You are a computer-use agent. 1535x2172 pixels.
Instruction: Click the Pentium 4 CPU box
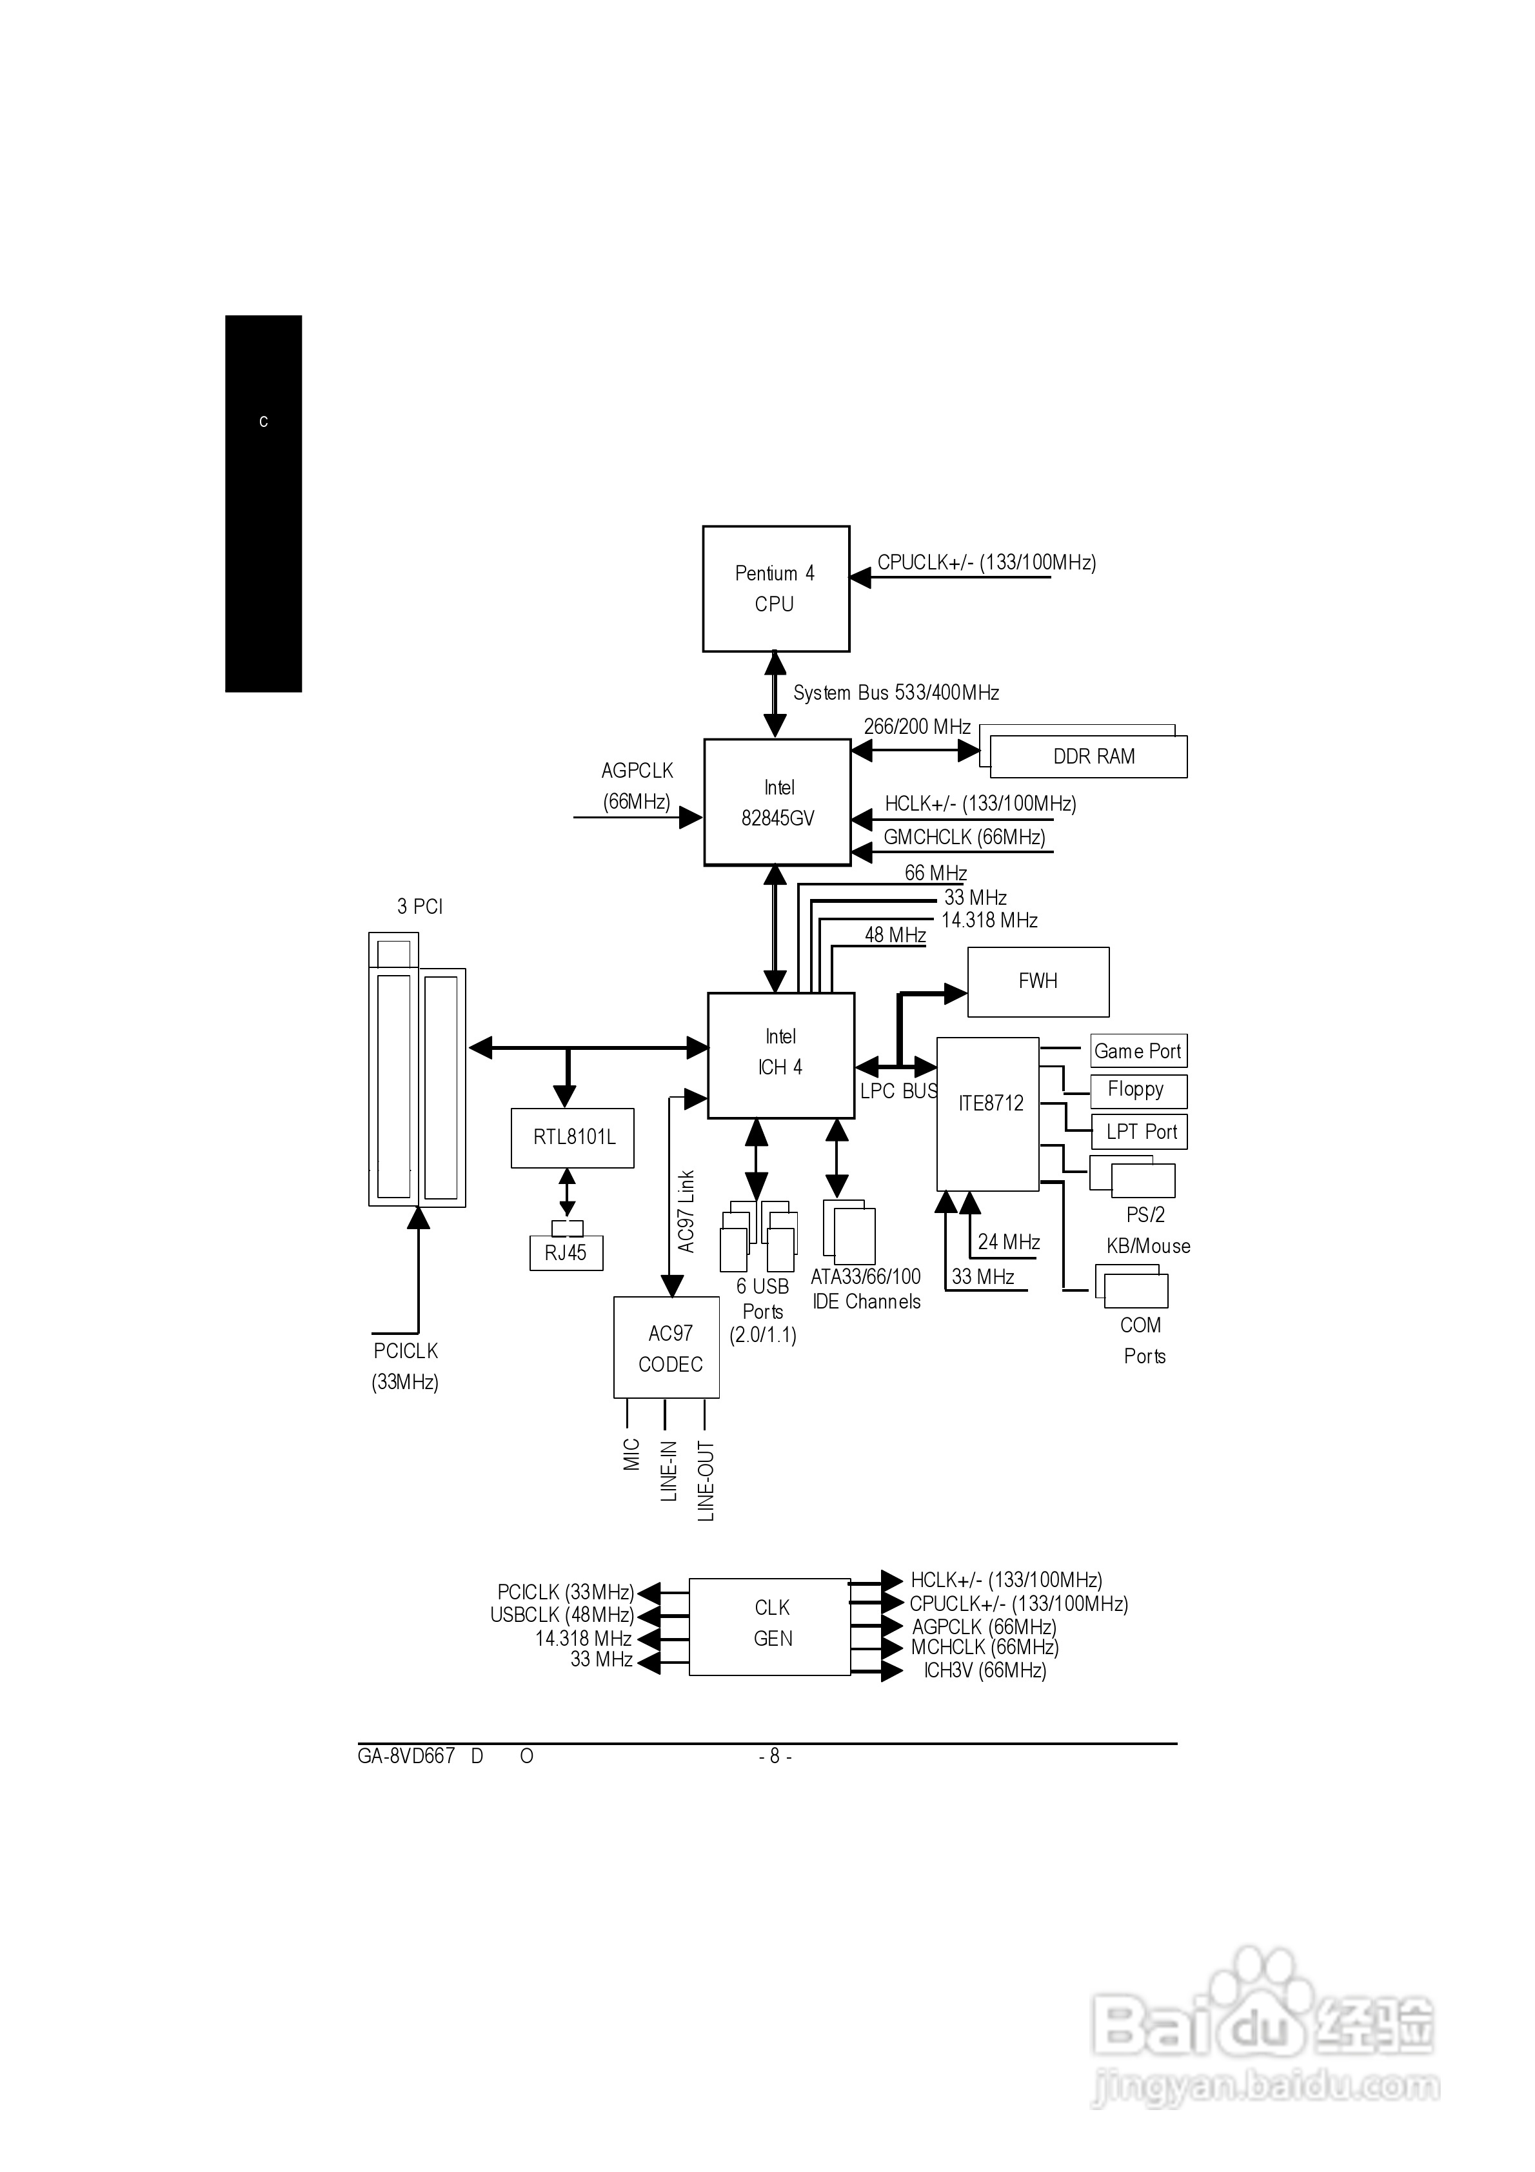pos(775,588)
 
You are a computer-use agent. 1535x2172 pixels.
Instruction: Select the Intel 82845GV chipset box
pos(777,802)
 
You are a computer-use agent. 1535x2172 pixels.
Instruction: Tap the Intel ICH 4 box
pos(781,1055)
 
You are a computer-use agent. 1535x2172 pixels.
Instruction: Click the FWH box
pos(1037,982)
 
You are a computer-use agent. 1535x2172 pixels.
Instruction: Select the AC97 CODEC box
pos(666,1348)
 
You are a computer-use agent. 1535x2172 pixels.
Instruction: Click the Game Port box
pos(1138,1051)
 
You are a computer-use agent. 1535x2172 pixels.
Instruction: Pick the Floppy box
pos(1138,1090)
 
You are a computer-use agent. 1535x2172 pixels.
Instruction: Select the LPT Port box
pos(1140,1131)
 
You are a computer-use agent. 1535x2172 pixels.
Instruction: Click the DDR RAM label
pos(1093,757)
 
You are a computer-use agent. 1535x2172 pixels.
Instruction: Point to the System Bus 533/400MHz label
pos(895,693)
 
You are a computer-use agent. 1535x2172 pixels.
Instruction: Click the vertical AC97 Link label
pos(687,1211)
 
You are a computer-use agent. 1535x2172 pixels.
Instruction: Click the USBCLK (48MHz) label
pos(562,1615)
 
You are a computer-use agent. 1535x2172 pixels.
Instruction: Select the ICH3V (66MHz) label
pos(984,1671)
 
